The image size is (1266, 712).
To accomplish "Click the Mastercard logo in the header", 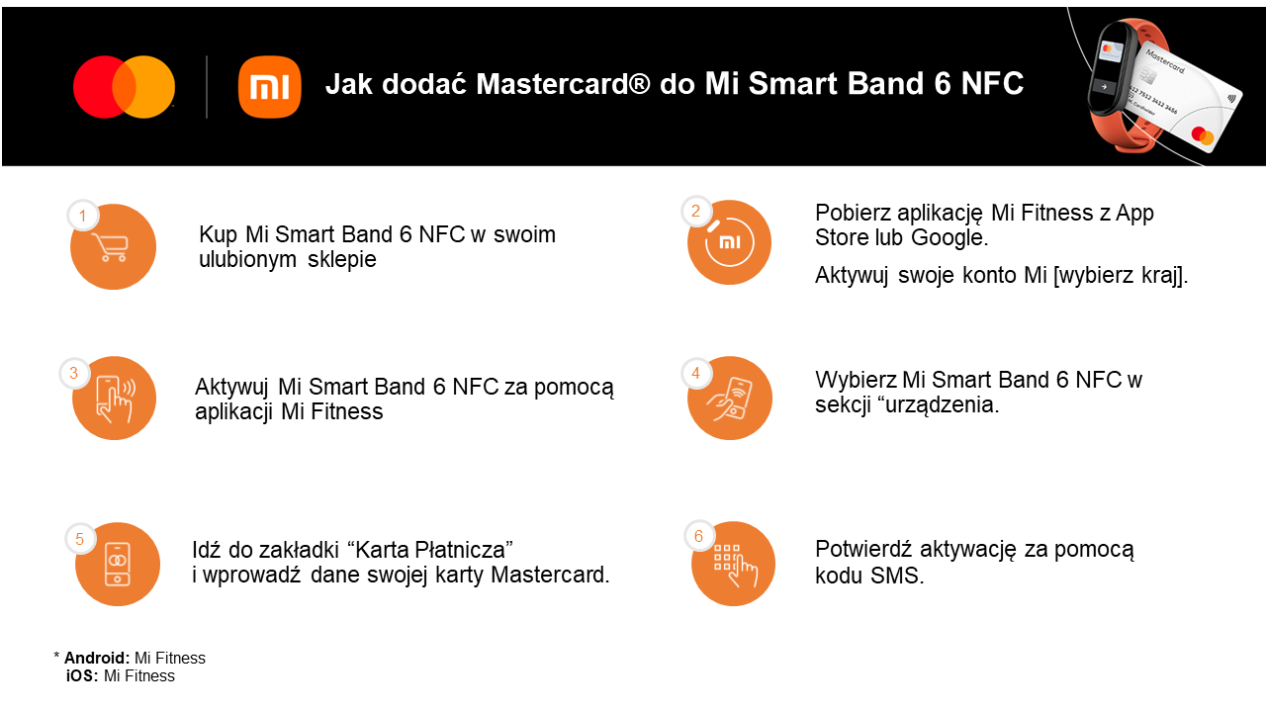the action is point(124,87).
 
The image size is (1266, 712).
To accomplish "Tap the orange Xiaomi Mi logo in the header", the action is point(270,86).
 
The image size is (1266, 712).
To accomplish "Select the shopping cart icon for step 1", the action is point(113,247).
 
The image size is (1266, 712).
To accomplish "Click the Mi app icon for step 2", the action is point(729,242).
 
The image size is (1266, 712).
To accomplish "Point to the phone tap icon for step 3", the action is point(114,399).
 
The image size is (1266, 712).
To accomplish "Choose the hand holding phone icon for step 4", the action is point(730,399).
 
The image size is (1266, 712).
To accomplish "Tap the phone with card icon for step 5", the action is point(118,564).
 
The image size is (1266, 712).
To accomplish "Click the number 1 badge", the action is point(83,216).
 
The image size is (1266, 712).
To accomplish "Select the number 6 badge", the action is point(699,536).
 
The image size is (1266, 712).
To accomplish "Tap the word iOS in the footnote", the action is point(82,675).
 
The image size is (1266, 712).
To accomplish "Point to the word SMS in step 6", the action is point(897,576).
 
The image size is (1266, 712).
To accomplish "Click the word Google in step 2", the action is point(949,238).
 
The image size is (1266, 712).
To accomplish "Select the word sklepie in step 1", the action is point(342,260).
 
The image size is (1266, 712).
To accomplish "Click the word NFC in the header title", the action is point(992,84).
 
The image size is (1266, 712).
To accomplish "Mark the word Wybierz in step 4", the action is point(856,381).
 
